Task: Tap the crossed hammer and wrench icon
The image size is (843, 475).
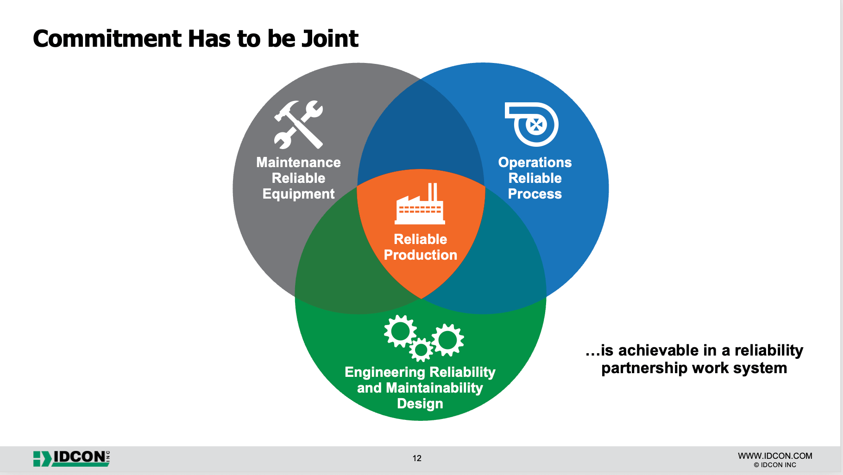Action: click(299, 125)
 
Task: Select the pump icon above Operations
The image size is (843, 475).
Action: click(533, 124)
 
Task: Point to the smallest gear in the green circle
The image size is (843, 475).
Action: click(421, 350)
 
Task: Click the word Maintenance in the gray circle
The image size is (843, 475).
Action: click(298, 162)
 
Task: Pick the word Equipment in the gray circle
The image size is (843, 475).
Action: click(298, 194)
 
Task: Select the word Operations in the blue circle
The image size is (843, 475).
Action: click(535, 162)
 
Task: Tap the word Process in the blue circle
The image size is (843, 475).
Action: click(535, 194)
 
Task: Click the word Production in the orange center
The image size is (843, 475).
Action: click(420, 255)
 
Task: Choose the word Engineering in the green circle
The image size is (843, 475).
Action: click(384, 372)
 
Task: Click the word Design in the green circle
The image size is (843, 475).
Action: click(420, 404)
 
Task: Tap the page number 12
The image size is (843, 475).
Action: click(417, 458)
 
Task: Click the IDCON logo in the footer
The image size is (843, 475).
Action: click(72, 458)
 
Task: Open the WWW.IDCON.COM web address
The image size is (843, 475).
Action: click(775, 456)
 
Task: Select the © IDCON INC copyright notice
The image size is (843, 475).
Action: click(775, 465)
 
